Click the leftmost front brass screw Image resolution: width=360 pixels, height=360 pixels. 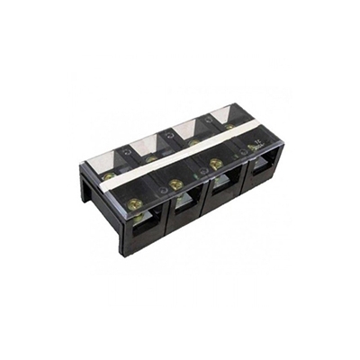pos(135,203)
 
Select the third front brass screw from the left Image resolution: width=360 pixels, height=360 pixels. pos(216,163)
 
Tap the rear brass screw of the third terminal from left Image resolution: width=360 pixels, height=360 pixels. pos(192,141)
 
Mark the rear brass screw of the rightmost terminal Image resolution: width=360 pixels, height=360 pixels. pos(228,127)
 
